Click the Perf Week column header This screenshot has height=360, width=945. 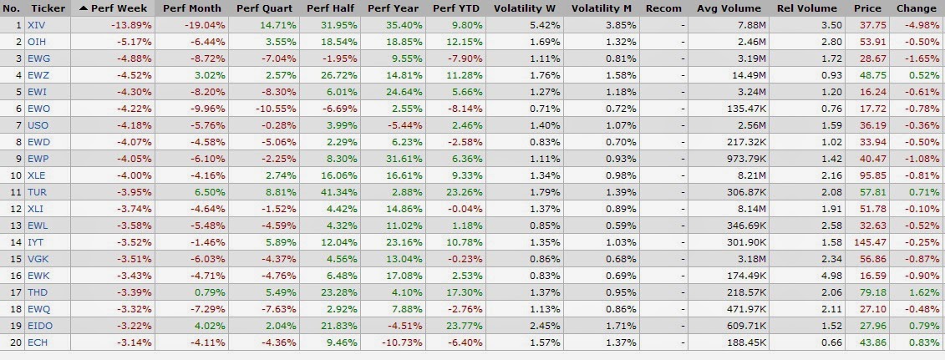[119, 8]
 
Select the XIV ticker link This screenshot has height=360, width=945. [36, 25]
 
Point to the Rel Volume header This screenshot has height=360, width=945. [807, 8]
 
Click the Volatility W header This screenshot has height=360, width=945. [526, 8]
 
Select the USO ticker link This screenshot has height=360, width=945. [38, 125]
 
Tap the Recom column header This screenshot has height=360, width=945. [663, 8]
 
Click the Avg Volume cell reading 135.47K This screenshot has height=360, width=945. [745, 109]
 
